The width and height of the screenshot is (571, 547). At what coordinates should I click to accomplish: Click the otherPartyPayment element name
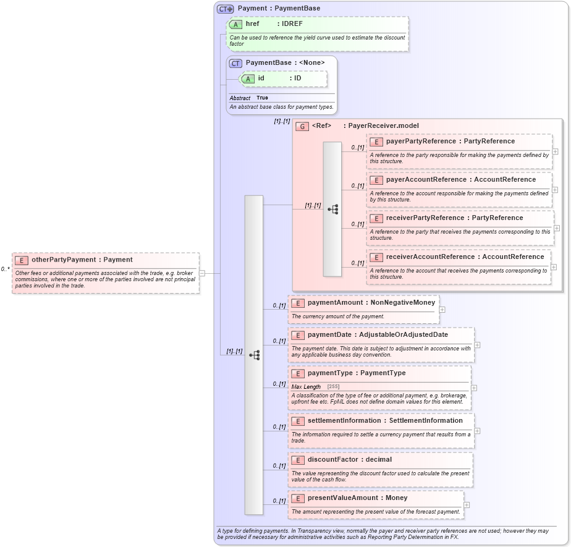coord(63,260)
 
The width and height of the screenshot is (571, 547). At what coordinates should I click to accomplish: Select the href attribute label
coord(252,24)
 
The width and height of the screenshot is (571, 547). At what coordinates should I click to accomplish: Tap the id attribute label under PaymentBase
coord(261,78)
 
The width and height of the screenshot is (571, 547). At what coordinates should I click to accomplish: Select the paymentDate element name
coord(329,335)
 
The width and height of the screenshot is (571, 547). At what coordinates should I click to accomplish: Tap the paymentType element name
coord(329,373)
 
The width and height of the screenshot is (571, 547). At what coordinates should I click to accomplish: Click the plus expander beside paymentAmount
coord(442,309)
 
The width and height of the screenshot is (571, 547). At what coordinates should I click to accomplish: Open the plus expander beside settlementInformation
coord(477,431)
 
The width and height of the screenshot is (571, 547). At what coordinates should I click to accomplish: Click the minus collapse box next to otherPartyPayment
coord(202,273)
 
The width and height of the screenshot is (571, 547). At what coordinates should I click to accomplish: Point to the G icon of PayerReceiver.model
coord(302,126)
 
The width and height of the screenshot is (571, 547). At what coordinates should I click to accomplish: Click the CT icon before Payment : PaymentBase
coord(225,9)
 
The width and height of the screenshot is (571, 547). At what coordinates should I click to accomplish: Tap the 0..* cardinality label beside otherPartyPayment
coord(5,269)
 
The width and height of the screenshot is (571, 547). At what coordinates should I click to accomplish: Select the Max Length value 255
coord(332,387)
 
